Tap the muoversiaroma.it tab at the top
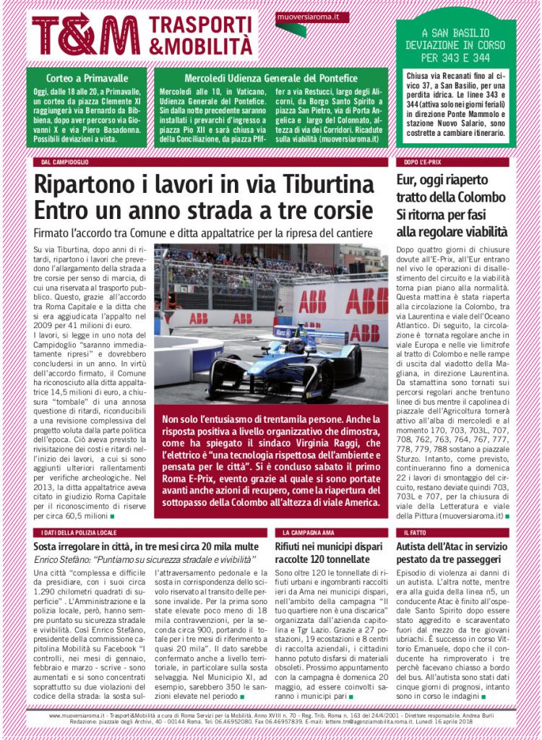coord(303,16)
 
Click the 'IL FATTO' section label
coord(416,532)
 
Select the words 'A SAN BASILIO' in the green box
coord(455,33)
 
